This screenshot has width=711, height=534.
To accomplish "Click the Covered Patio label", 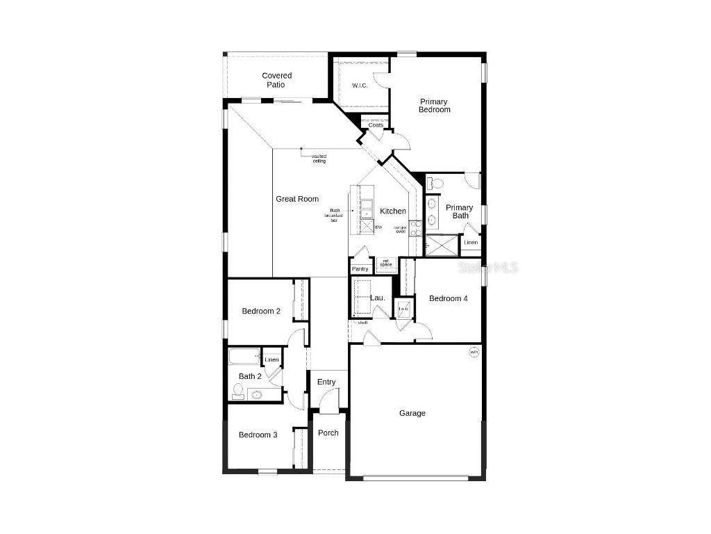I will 276,80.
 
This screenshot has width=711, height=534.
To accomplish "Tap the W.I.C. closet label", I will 360,86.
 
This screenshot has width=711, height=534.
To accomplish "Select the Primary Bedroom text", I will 434,106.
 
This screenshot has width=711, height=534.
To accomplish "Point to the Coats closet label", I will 376,125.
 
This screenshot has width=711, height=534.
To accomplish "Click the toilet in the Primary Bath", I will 435,184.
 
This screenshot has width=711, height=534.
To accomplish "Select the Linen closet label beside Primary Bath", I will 471,243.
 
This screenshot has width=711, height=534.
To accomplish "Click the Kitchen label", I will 392,211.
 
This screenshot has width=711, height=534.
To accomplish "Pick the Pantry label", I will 360,269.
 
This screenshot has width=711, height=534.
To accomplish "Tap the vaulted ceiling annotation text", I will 319,159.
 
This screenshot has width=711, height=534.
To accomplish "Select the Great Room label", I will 297,199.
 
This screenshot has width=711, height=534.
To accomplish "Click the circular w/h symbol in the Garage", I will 474,353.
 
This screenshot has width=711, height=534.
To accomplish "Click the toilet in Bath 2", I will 237,391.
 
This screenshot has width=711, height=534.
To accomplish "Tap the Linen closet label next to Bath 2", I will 271,359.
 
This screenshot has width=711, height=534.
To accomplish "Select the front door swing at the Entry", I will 329,402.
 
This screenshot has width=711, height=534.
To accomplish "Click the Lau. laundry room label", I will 378,298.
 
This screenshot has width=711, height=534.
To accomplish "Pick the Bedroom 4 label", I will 448,298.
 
